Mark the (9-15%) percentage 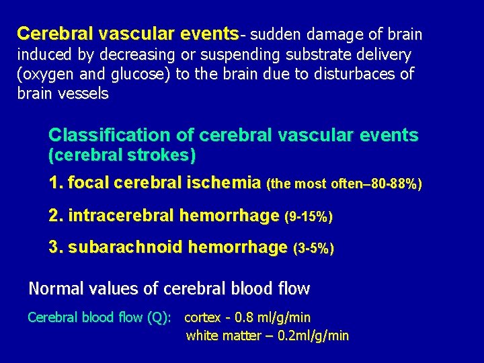click(x=309, y=216)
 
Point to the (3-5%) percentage click(x=314, y=249)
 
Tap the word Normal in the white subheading click(x=51, y=289)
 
